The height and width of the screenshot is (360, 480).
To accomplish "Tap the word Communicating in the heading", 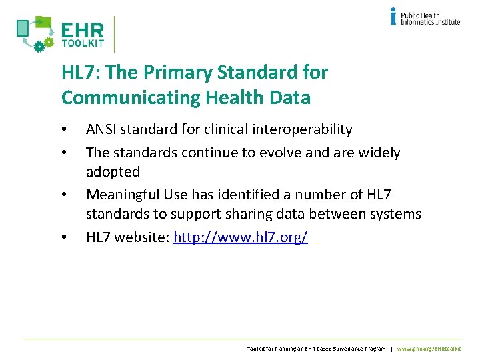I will coord(127,98).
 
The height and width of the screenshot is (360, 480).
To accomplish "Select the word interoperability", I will coord(305,129).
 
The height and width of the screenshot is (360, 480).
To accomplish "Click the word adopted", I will coord(113,172).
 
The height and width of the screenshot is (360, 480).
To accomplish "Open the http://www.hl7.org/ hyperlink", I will coord(240,237).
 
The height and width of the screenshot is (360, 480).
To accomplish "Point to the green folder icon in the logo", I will coord(43,22).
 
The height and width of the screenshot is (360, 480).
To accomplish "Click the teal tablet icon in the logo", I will coord(23,28).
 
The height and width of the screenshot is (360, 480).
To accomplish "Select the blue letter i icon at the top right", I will coord(394,16).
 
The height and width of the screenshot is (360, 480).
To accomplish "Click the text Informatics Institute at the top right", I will coord(430,21).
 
